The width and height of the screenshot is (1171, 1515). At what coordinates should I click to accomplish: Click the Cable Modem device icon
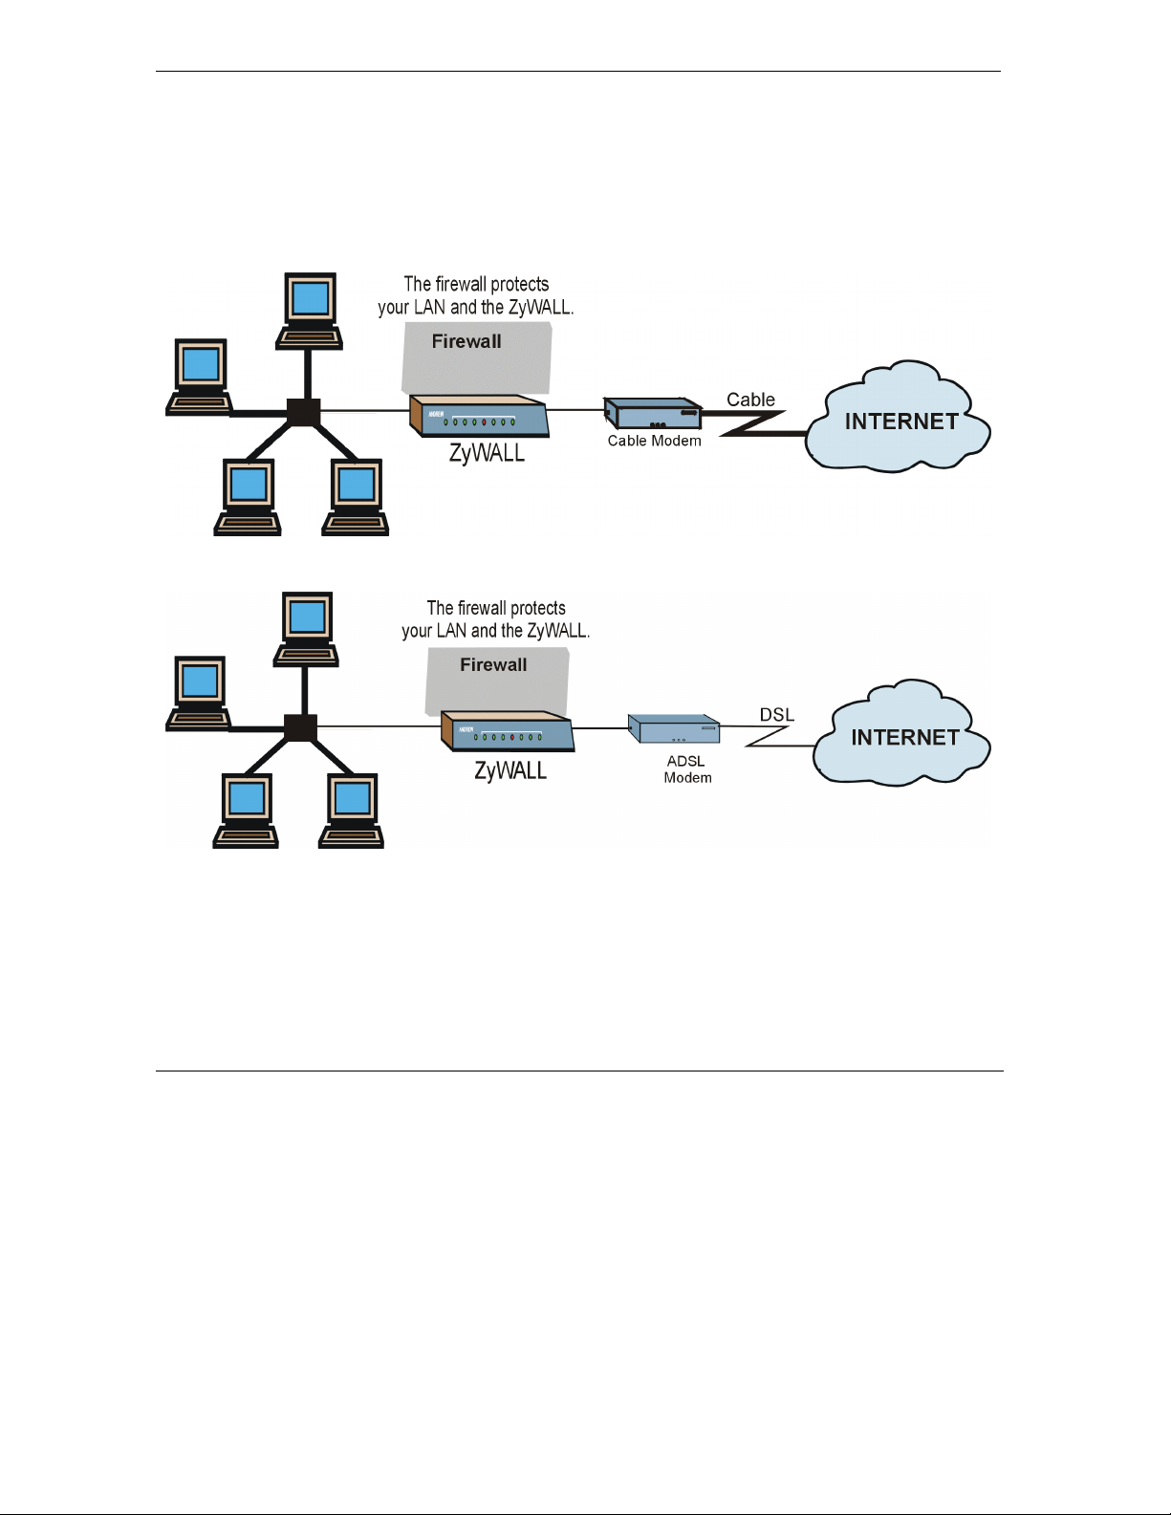[653, 413]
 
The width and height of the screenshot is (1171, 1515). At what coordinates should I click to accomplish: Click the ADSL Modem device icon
[674, 728]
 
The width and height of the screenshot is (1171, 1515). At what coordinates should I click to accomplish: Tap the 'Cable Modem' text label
[654, 441]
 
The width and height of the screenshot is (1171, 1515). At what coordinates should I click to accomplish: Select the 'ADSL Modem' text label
[687, 769]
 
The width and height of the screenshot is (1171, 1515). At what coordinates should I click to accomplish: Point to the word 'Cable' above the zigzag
[750, 400]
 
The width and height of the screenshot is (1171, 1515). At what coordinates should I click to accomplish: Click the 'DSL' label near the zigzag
[776, 715]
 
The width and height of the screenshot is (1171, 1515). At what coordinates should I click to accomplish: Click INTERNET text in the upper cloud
[901, 422]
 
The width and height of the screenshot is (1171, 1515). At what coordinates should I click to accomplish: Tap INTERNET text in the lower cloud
[904, 737]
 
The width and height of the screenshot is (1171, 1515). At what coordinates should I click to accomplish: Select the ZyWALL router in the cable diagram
[479, 416]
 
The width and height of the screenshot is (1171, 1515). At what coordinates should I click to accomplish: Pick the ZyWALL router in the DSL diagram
[509, 731]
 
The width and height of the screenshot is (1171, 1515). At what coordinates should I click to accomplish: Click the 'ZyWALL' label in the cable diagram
[487, 453]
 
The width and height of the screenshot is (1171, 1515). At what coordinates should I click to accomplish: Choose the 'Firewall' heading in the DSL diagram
[493, 664]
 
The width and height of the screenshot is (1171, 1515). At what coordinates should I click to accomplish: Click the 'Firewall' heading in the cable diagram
[466, 341]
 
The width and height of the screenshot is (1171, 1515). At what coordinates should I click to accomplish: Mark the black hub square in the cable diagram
[304, 412]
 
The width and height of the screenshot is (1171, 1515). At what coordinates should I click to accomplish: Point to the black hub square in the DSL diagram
[301, 728]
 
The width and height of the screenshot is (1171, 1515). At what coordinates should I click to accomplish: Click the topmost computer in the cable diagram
[310, 311]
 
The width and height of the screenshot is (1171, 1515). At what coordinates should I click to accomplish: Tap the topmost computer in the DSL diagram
[306, 629]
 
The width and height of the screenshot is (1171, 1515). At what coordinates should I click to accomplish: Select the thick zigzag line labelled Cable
[754, 422]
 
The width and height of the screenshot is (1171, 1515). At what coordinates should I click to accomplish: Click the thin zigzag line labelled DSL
[767, 736]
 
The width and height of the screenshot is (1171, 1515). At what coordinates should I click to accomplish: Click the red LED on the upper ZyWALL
[484, 422]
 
